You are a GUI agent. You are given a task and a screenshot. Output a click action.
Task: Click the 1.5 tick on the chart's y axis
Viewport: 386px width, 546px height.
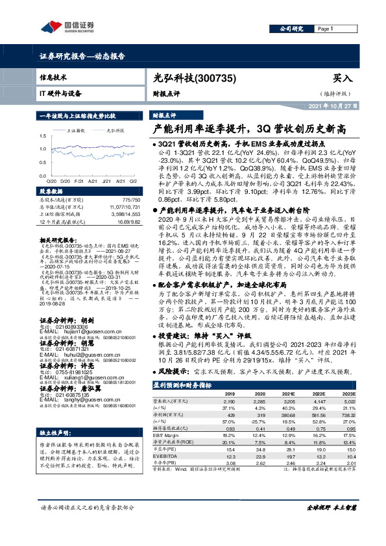point(43,137)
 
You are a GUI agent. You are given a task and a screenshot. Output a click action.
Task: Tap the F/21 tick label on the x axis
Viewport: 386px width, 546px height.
point(78,181)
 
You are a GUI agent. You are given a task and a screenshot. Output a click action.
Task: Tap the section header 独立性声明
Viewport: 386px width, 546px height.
point(56,433)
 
